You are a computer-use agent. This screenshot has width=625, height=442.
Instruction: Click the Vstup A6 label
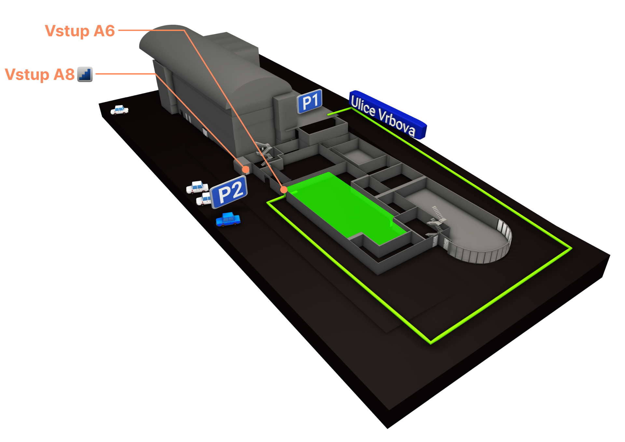click(x=80, y=31)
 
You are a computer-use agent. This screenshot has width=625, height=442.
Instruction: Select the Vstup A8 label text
click(x=40, y=75)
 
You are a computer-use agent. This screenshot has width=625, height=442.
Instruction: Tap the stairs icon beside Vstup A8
click(x=85, y=74)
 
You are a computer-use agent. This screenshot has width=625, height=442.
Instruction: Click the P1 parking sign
click(x=310, y=102)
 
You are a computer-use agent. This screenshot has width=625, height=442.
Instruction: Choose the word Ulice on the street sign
click(x=363, y=106)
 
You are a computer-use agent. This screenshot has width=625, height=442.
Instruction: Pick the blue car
click(x=228, y=219)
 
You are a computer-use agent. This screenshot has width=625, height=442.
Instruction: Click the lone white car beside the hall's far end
click(x=119, y=110)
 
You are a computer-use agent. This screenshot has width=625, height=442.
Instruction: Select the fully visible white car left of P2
click(x=197, y=187)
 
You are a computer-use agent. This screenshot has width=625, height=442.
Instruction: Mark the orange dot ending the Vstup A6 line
click(x=284, y=189)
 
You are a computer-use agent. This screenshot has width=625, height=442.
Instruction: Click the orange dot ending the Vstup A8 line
click(x=246, y=169)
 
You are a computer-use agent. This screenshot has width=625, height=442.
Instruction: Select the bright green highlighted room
click(x=342, y=205)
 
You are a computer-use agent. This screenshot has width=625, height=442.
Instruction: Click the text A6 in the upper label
click(x=104, y=31)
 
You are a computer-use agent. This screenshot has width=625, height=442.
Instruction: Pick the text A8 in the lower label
click(x=64, y=75)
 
